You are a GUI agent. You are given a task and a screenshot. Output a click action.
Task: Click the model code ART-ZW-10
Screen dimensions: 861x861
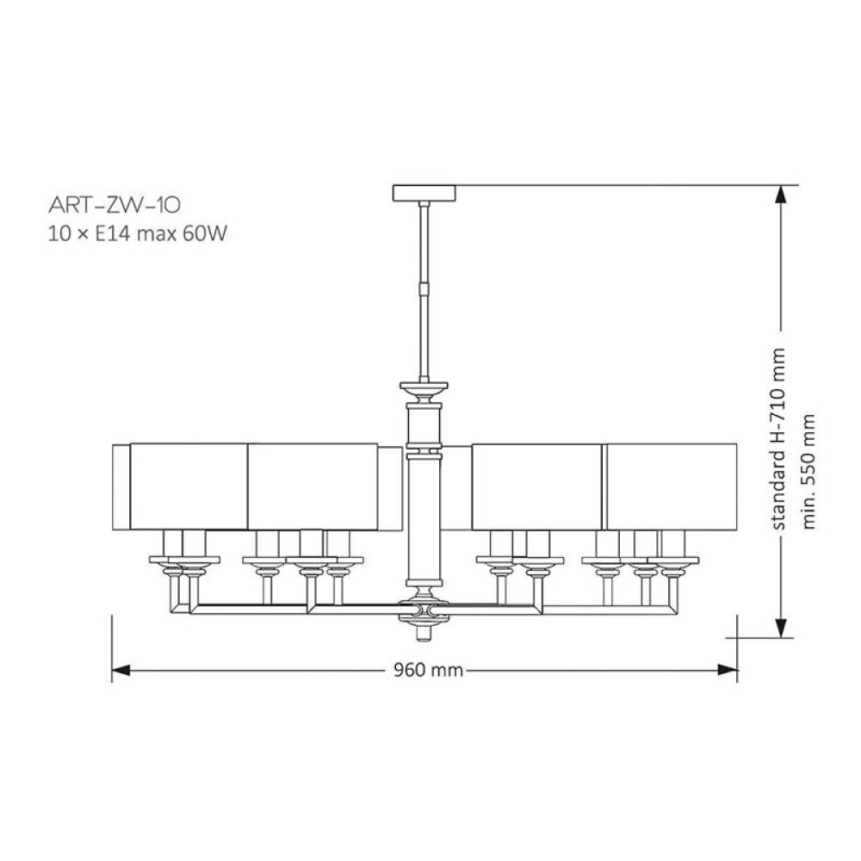(x=115, y=206)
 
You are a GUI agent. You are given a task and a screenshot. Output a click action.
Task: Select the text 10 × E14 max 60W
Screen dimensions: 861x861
(x=137, y=234)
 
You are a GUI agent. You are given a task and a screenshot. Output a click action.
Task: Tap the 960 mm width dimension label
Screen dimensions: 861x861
(x=428, y=670)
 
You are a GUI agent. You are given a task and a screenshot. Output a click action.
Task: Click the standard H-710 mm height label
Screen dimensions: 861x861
(x=778, y=439)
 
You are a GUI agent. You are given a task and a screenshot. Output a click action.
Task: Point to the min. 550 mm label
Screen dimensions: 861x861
(x=808, y=472)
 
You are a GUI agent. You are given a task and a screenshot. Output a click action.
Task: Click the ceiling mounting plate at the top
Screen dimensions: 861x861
(x=424, y=193)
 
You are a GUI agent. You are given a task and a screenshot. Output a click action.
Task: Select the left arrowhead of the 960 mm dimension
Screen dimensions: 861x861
(x=121, y=670)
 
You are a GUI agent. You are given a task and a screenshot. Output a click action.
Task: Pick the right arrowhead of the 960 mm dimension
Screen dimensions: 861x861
(x=728, y=670)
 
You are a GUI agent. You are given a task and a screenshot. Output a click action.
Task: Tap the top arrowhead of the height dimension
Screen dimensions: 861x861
(x=780, y=195)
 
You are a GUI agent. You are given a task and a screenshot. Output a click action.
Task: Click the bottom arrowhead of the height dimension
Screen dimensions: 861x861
(x=780, y=629)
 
